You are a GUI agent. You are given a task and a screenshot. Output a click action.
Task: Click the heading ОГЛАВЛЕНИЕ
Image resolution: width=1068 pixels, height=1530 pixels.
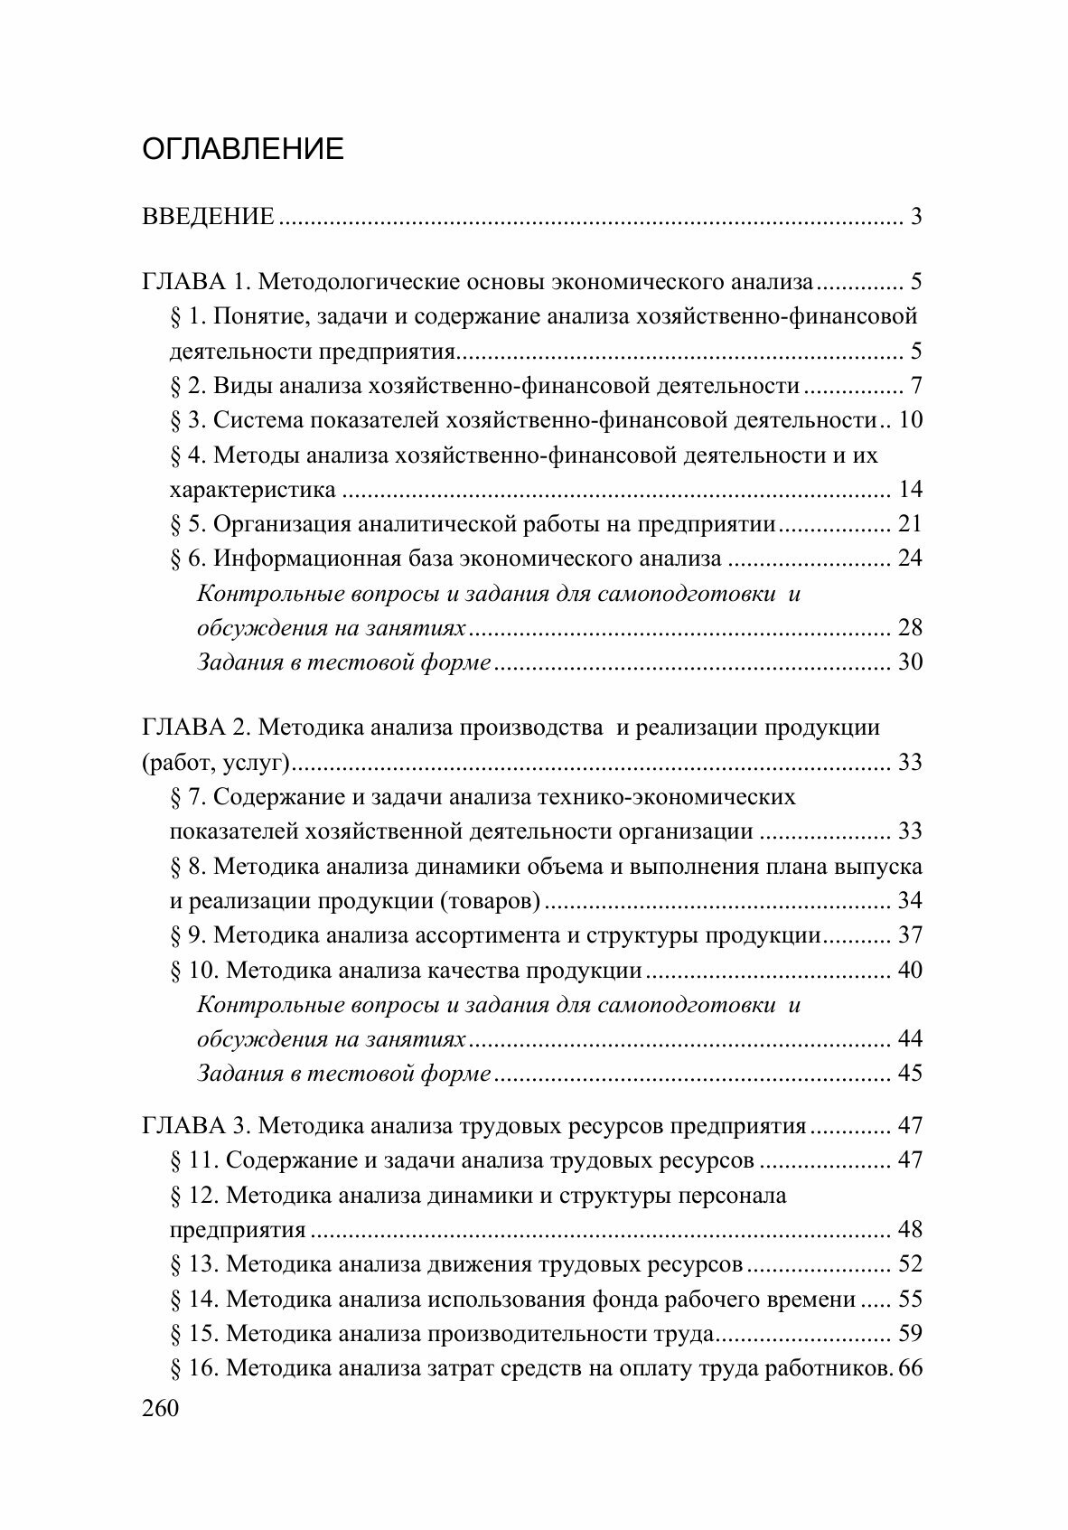243,149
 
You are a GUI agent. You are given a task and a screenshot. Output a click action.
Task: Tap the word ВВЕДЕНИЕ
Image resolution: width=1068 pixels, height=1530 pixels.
208,218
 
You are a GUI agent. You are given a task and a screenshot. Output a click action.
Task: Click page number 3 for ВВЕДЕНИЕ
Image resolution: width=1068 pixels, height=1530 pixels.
916,218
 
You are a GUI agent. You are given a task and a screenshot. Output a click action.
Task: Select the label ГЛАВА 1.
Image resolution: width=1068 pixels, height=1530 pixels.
193,282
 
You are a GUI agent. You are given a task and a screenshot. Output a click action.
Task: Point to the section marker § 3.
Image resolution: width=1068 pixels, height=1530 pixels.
189,420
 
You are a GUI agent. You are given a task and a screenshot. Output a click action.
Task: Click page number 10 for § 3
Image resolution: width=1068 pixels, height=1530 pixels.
910,420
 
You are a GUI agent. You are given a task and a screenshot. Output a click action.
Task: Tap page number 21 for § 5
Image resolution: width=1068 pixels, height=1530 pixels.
910,524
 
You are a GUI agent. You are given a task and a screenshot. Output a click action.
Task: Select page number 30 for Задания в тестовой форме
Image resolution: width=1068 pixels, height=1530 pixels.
910,662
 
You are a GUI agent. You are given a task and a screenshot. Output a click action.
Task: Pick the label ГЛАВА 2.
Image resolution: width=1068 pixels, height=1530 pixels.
193,727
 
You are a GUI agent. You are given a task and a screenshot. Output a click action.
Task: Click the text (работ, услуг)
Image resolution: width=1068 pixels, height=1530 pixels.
215,763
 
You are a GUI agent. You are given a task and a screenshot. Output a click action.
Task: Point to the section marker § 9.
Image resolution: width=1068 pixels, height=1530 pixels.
189,935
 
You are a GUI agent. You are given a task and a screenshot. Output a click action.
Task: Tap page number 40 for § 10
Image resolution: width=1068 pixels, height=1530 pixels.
910,971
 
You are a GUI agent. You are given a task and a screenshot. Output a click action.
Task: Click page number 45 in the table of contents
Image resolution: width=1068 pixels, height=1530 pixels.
910,1074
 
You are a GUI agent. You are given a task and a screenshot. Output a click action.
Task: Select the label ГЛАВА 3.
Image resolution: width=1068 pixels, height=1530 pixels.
193,1126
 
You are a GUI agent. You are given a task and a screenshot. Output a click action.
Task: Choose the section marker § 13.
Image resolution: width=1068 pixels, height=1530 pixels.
194,1264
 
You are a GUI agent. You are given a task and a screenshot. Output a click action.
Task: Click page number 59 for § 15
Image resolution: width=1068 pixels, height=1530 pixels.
910,1334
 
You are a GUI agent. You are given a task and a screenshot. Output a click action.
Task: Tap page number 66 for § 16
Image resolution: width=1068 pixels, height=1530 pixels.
910,1368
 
